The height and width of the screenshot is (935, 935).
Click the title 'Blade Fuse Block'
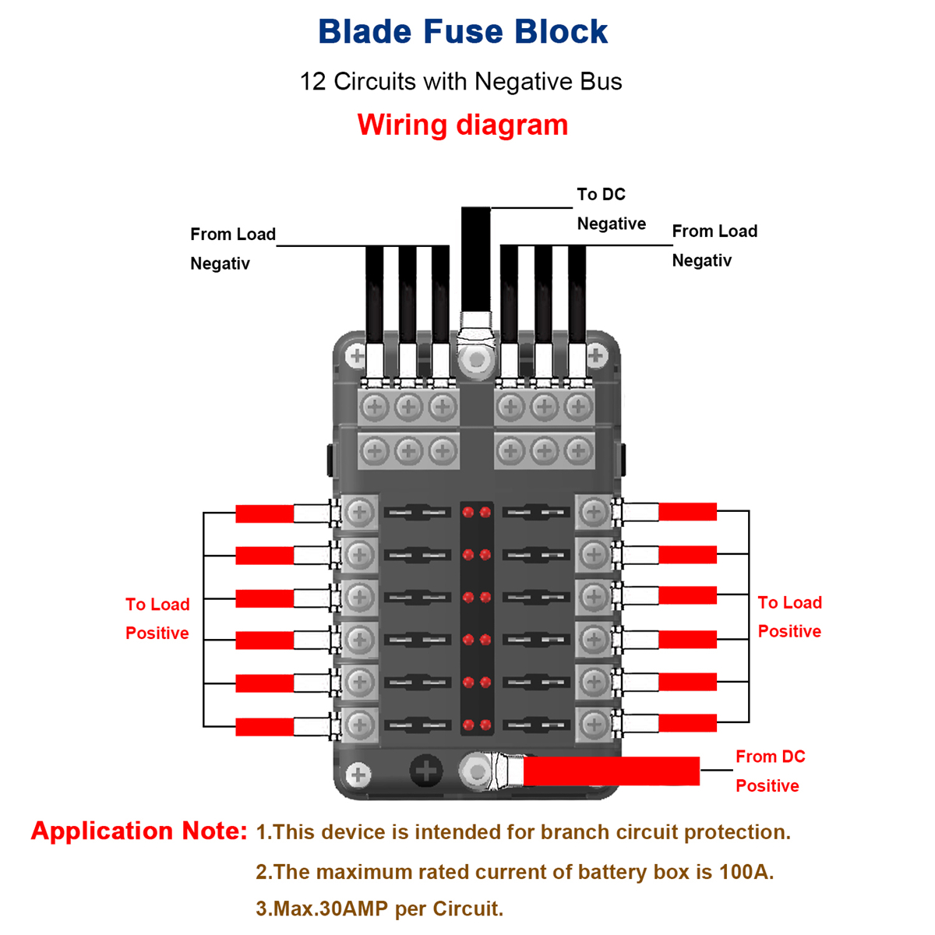(x=463, y=32)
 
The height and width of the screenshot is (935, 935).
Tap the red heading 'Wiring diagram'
(x=463, y=125)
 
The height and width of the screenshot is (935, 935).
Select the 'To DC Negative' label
(x=611, y=209)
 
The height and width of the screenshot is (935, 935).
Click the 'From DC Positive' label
(x=770, y=771)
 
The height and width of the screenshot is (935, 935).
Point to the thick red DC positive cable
(x=611, y=771)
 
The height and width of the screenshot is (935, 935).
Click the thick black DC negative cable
(x=475, y=257)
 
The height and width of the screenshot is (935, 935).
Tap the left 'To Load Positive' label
(x=157, y=619)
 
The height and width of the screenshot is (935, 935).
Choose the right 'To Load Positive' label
(x=789, y=617)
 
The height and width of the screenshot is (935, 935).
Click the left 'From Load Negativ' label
(x=232, y=249)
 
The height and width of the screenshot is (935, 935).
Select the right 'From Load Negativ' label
(x=714, y=245)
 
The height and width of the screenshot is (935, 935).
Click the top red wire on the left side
(x=265, y=513)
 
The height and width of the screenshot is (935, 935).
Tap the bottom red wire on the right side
(x=687, y=723)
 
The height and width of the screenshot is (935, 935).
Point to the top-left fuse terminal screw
(x=359, y=512)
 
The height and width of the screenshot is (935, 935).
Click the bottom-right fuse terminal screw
(x=595, y=723)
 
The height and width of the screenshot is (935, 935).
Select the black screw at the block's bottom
(x=426, y=771)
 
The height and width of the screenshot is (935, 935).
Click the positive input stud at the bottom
(x=475, y=771)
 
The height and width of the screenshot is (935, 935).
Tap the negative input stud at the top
(x=475, y=358)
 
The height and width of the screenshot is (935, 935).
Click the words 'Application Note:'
(x=139, y=831)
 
